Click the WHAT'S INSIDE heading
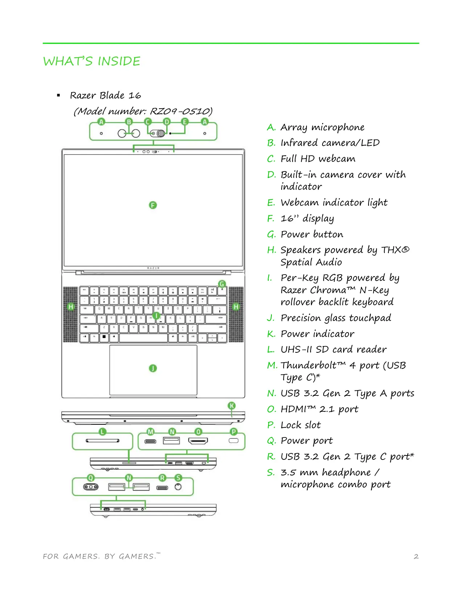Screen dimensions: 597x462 tap(92, 61)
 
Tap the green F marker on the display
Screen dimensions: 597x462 tap(153, 205)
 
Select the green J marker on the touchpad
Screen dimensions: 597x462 tap(153, 368)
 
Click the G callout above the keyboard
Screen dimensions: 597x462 tap(222, 284)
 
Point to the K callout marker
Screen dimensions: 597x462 tap(232, 406)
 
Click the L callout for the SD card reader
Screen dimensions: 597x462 tap(103, 432)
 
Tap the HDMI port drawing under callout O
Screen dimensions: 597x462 tap(198, 441)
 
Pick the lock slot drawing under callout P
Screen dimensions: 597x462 tap(234, 440)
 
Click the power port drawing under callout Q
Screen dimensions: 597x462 tap(91, 487)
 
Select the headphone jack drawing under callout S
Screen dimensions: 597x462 tap(178, 487)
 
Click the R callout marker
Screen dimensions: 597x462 tap(162, 478)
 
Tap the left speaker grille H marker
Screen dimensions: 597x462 tap(71, 307)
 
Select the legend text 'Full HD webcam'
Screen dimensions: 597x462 tap(318, 159)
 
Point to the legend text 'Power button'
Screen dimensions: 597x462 tap(312, 234)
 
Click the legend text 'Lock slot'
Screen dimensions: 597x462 tap(300, 425)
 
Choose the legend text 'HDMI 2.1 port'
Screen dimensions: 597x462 tap(319, 409)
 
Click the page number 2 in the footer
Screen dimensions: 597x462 tap(416, 556)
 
